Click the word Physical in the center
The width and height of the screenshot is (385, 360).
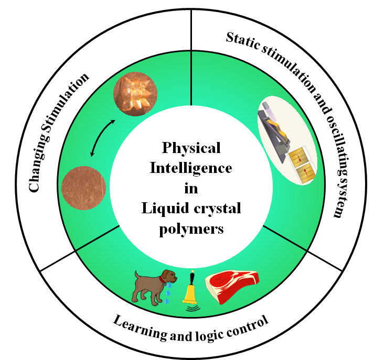tap(191, 148)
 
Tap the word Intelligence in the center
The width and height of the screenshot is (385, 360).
tap(191, 168)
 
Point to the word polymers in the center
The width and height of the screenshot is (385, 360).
tap(191, 229)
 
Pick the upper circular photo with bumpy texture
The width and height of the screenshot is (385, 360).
tap(135, 94)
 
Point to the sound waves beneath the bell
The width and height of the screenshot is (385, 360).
tap(191, 309)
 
